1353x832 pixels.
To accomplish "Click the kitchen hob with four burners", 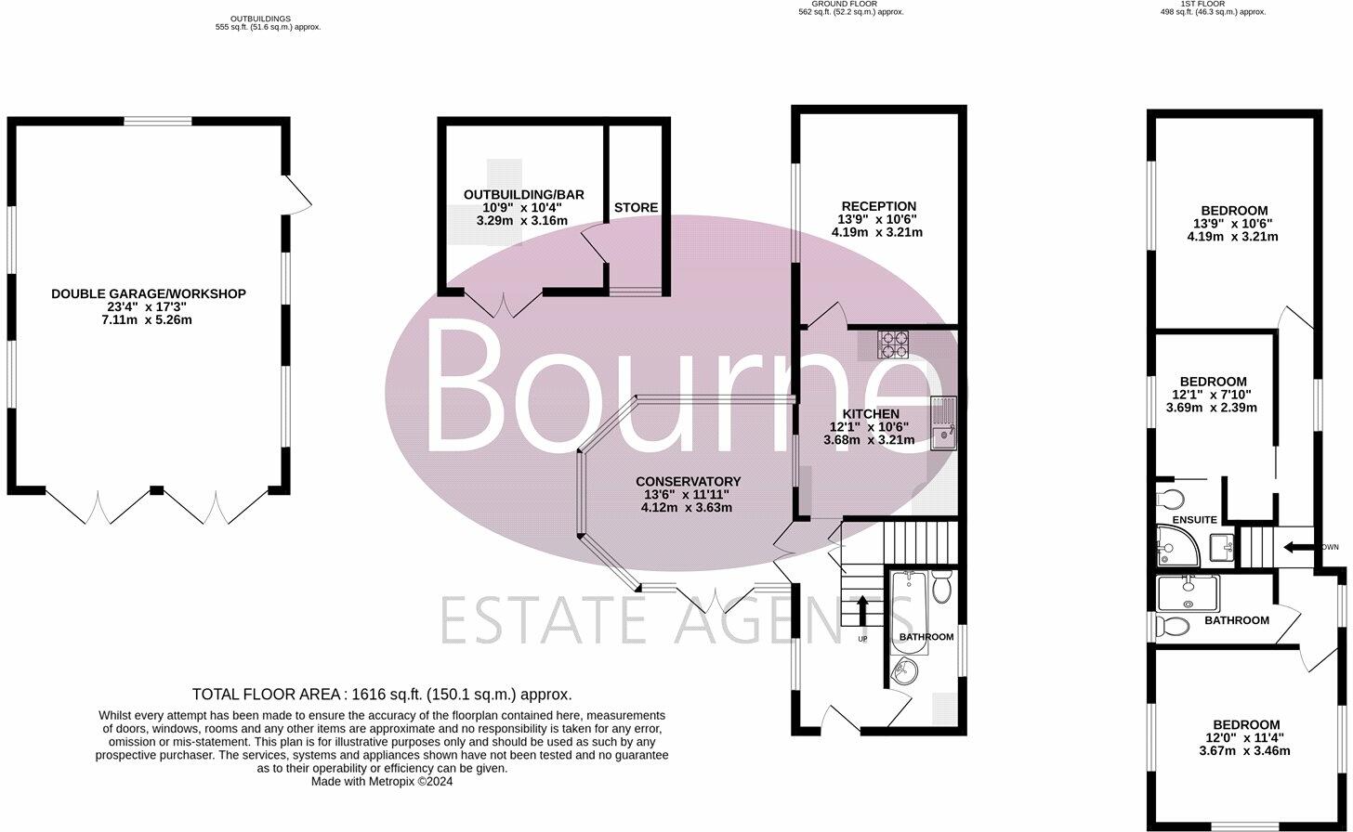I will click(x=894, y=344).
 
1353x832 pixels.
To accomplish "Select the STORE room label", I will click(x=636, y=208).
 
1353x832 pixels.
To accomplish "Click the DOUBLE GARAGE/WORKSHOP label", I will click(x=149, y=294).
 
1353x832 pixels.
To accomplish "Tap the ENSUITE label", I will click(x=1194, y=520).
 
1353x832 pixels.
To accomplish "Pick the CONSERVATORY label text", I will click(x=688, y=482).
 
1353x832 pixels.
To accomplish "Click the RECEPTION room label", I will click(x=878, y=206).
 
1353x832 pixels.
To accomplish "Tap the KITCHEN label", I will click(x=871, y=414).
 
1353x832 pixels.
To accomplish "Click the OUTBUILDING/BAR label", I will click(x=523, y=195).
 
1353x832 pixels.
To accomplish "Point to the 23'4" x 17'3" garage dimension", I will click(x=149, y=307).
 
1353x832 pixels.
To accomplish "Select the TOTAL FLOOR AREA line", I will click(x=382, y=695).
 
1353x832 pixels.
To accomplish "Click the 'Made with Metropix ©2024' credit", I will click(x=382, y=782).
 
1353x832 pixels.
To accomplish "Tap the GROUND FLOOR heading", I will click(x=850, y=5).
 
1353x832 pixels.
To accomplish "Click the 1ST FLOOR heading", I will click(x=1213, y=5).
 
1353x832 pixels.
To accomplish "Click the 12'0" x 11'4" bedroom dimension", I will click(x=1245, y=738).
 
